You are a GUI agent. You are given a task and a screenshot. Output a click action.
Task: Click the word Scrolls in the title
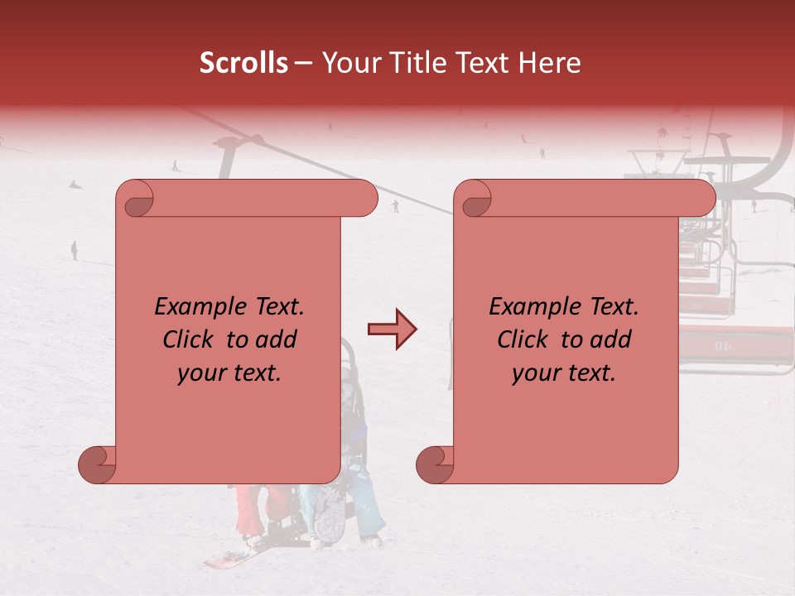243,63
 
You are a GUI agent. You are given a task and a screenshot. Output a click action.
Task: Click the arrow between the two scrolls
392,329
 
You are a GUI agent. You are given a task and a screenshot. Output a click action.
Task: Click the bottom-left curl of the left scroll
98,464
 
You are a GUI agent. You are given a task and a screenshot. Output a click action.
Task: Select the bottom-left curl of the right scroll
436,464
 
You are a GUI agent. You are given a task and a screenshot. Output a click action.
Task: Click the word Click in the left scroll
189,339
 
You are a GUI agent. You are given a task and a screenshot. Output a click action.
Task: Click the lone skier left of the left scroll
74,249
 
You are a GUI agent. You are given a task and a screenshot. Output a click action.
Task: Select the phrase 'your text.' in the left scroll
229,373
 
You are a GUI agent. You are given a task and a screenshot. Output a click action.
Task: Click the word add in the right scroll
611,339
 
